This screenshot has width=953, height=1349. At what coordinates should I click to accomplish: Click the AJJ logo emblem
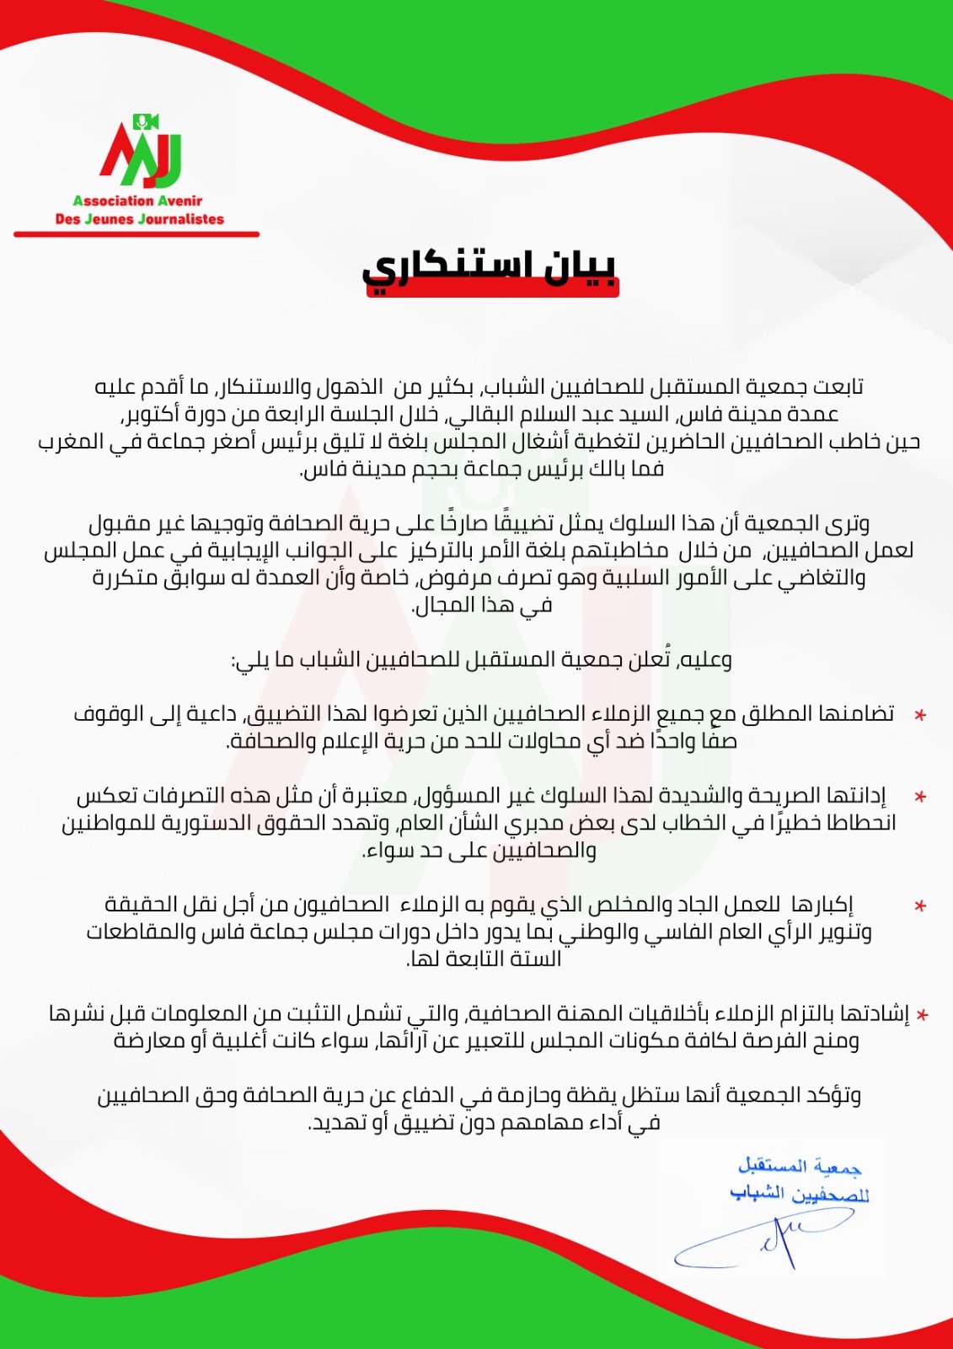click(141, 152)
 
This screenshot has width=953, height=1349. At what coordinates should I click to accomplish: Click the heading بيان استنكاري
click(490, 267)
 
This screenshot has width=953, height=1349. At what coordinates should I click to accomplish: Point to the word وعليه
click(703, 659)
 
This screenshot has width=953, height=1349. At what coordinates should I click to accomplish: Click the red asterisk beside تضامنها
click(920, 715)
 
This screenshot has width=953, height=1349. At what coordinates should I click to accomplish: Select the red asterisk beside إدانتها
click(920, 797)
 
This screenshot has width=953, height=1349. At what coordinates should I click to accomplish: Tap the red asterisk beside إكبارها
click(920, 906)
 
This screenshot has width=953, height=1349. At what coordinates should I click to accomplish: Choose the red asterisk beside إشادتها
click(923, 1015)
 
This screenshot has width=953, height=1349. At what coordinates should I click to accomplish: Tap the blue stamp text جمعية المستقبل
click(800, 1166)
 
